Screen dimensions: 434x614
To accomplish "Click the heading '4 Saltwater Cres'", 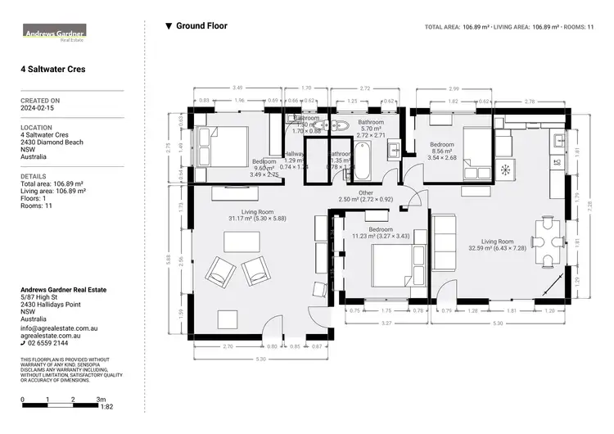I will [53, 70].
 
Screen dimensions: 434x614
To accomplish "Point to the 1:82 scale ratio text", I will [107, 407].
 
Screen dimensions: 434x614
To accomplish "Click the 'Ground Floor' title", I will [201, 26].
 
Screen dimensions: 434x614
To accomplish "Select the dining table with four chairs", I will [547, 242].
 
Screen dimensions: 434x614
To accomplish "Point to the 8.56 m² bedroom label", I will [442, 152].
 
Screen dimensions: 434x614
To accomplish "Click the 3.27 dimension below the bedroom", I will [384, 323].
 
